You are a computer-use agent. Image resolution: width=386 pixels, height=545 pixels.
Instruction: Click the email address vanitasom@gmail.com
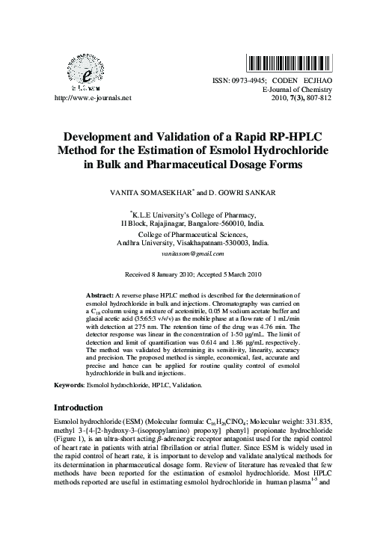tap(193, 255)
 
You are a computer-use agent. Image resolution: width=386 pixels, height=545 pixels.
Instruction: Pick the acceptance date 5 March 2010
tap(242, 275)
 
